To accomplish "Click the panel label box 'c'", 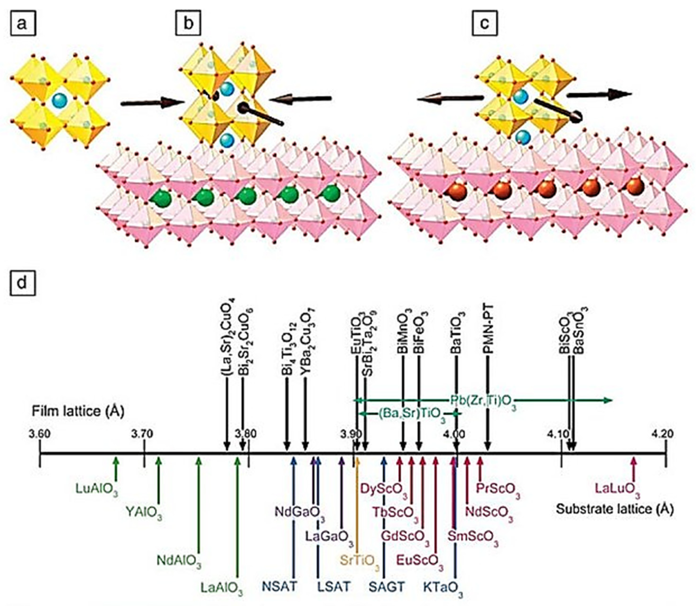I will (484, 24).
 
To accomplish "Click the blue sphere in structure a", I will (60, 100).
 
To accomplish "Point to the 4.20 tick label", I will (663, 433).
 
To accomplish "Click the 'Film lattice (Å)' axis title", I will (78, 412).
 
